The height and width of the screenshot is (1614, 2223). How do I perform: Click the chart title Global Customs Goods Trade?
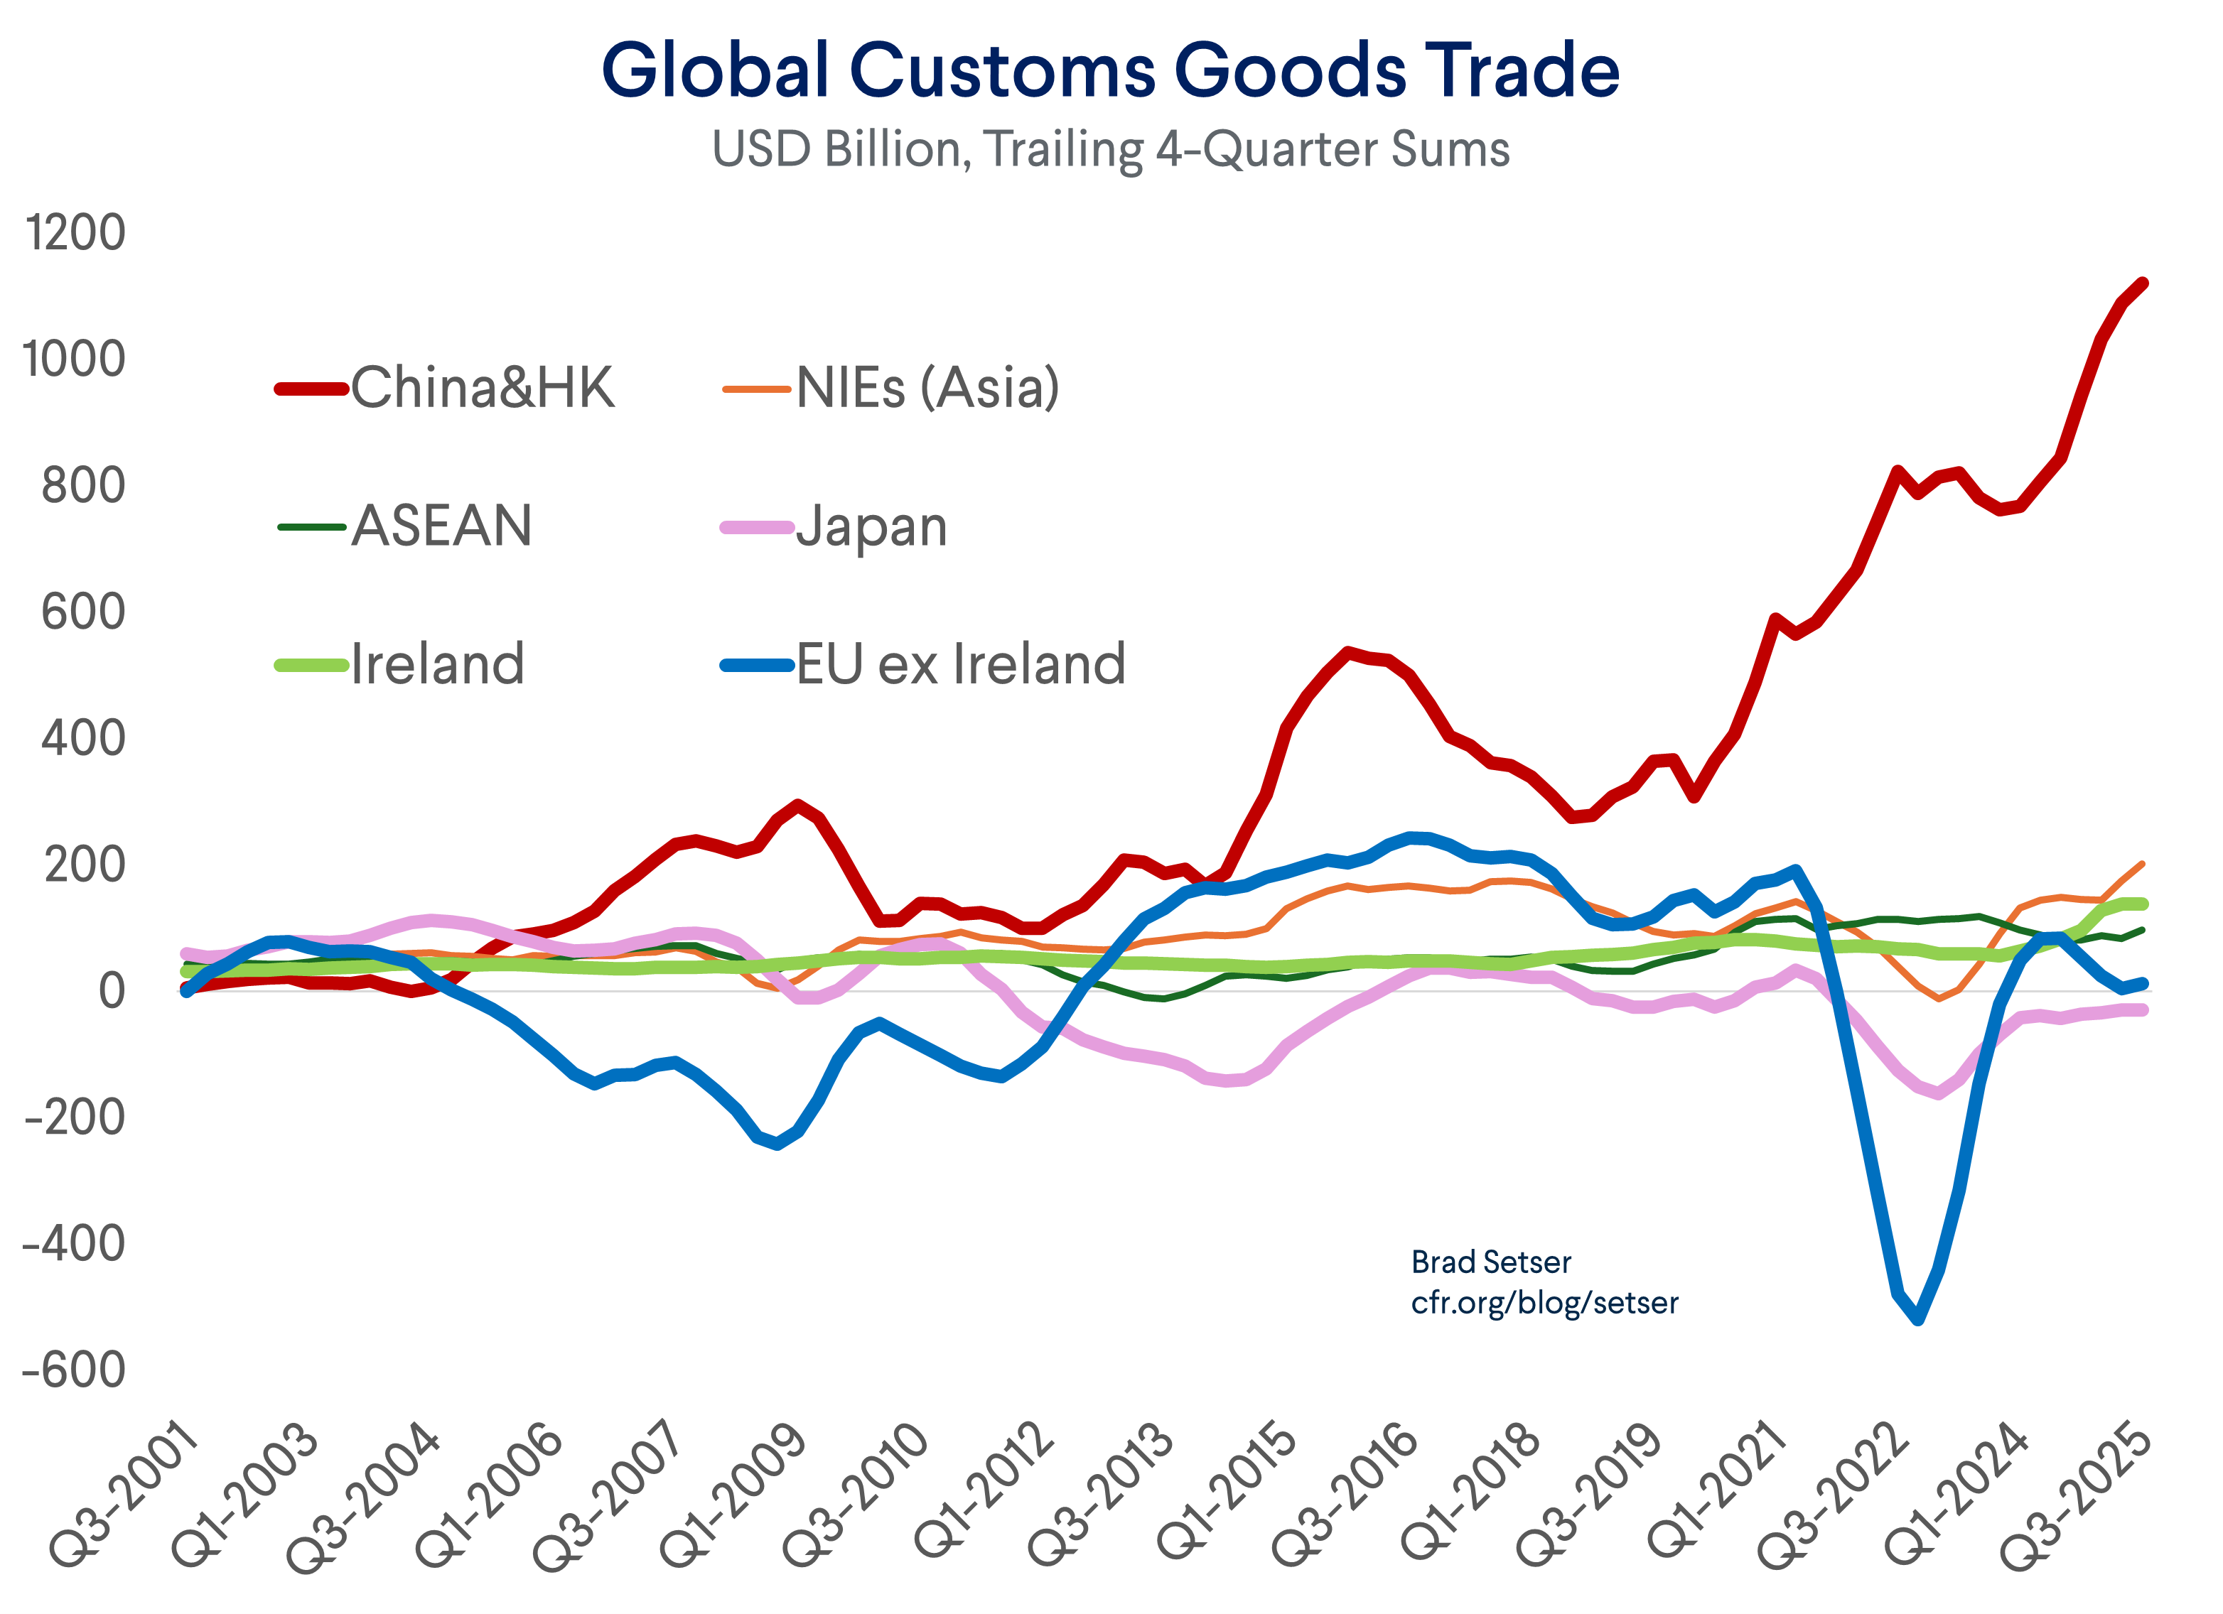click(1111, 70)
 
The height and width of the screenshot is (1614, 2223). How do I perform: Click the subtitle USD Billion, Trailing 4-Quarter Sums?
click(1111, 150)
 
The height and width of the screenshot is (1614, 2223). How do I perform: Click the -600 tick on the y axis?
click(73, 1370)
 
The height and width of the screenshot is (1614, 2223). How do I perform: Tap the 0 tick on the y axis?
click(111, 991)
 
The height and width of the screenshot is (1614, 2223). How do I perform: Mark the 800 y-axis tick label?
click(82, 486)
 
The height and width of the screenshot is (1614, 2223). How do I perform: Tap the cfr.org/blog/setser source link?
click(1544, 1304)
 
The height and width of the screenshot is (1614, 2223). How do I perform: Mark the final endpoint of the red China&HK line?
click(2143, 283)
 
